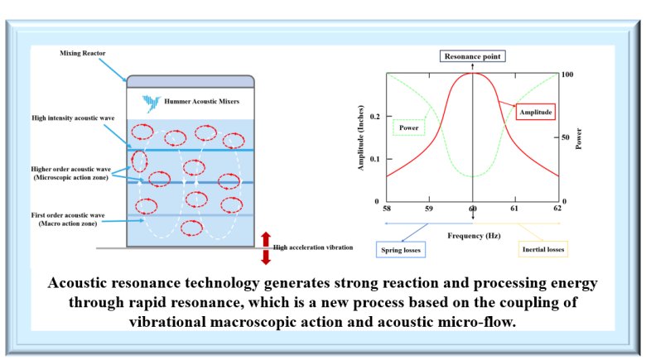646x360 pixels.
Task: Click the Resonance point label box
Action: click(473, 56)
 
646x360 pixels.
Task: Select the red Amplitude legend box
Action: click(536, 112)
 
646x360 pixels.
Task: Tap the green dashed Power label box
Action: click(408, 127)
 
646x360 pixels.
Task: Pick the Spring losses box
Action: click(401, 250)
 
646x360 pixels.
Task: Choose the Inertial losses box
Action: click(543, 249)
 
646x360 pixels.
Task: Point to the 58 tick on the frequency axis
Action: click(387, 209)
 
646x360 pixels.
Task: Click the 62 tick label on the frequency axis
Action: click(557, 208)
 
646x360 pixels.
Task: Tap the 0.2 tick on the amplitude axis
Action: click(375, 117)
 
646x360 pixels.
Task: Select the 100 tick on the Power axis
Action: click(567, 74)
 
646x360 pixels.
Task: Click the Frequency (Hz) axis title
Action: click(474, 236)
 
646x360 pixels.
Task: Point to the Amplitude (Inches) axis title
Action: click(361, 137)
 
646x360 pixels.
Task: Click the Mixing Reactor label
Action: click(82, 53)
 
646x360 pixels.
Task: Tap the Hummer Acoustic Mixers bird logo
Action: click(151, 103)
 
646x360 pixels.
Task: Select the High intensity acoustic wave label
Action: click(73, 118)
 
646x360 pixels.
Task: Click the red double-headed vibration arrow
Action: click(266, 248)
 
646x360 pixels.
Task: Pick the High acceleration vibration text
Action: click(313, 247)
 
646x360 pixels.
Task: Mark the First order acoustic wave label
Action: click(68, 219)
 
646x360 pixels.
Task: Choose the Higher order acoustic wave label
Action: click(71, 173)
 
